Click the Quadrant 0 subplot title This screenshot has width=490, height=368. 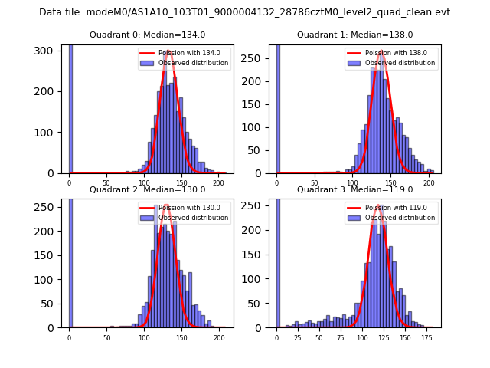[x=147, y=34]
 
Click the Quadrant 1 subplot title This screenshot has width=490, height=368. [x=354, y=34]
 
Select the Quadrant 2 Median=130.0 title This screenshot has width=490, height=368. [x=147, y=189]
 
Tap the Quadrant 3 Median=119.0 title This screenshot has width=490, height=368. [x=354, y=189]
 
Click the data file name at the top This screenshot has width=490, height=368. [x=244, y=12]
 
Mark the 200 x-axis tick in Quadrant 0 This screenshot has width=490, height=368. [x=218, y=182]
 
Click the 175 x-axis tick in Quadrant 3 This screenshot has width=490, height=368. [x=426, y=337]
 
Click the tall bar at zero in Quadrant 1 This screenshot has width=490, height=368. [x=278, y=107]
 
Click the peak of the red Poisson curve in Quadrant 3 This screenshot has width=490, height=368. [x=377, y=205]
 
